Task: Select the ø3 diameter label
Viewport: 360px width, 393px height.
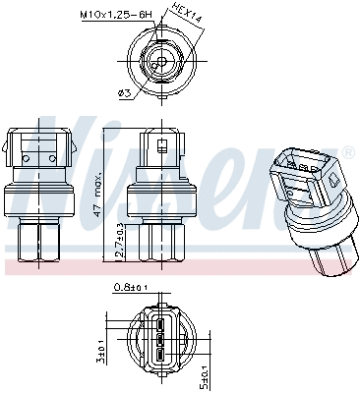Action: tap(123, 93)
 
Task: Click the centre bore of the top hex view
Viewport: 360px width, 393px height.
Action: tap(159, 62)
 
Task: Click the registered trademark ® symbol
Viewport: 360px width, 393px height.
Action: tap(347, 153)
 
